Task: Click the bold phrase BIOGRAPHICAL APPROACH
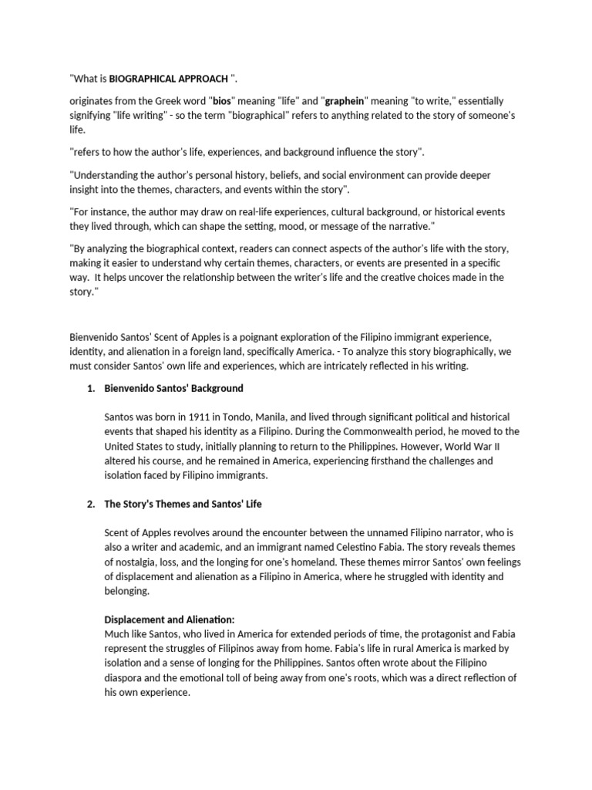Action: click(x=168, y=79)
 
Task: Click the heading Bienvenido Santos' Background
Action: click(x=173, y=388)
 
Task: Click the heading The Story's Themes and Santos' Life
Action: click(x=183, y=504)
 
